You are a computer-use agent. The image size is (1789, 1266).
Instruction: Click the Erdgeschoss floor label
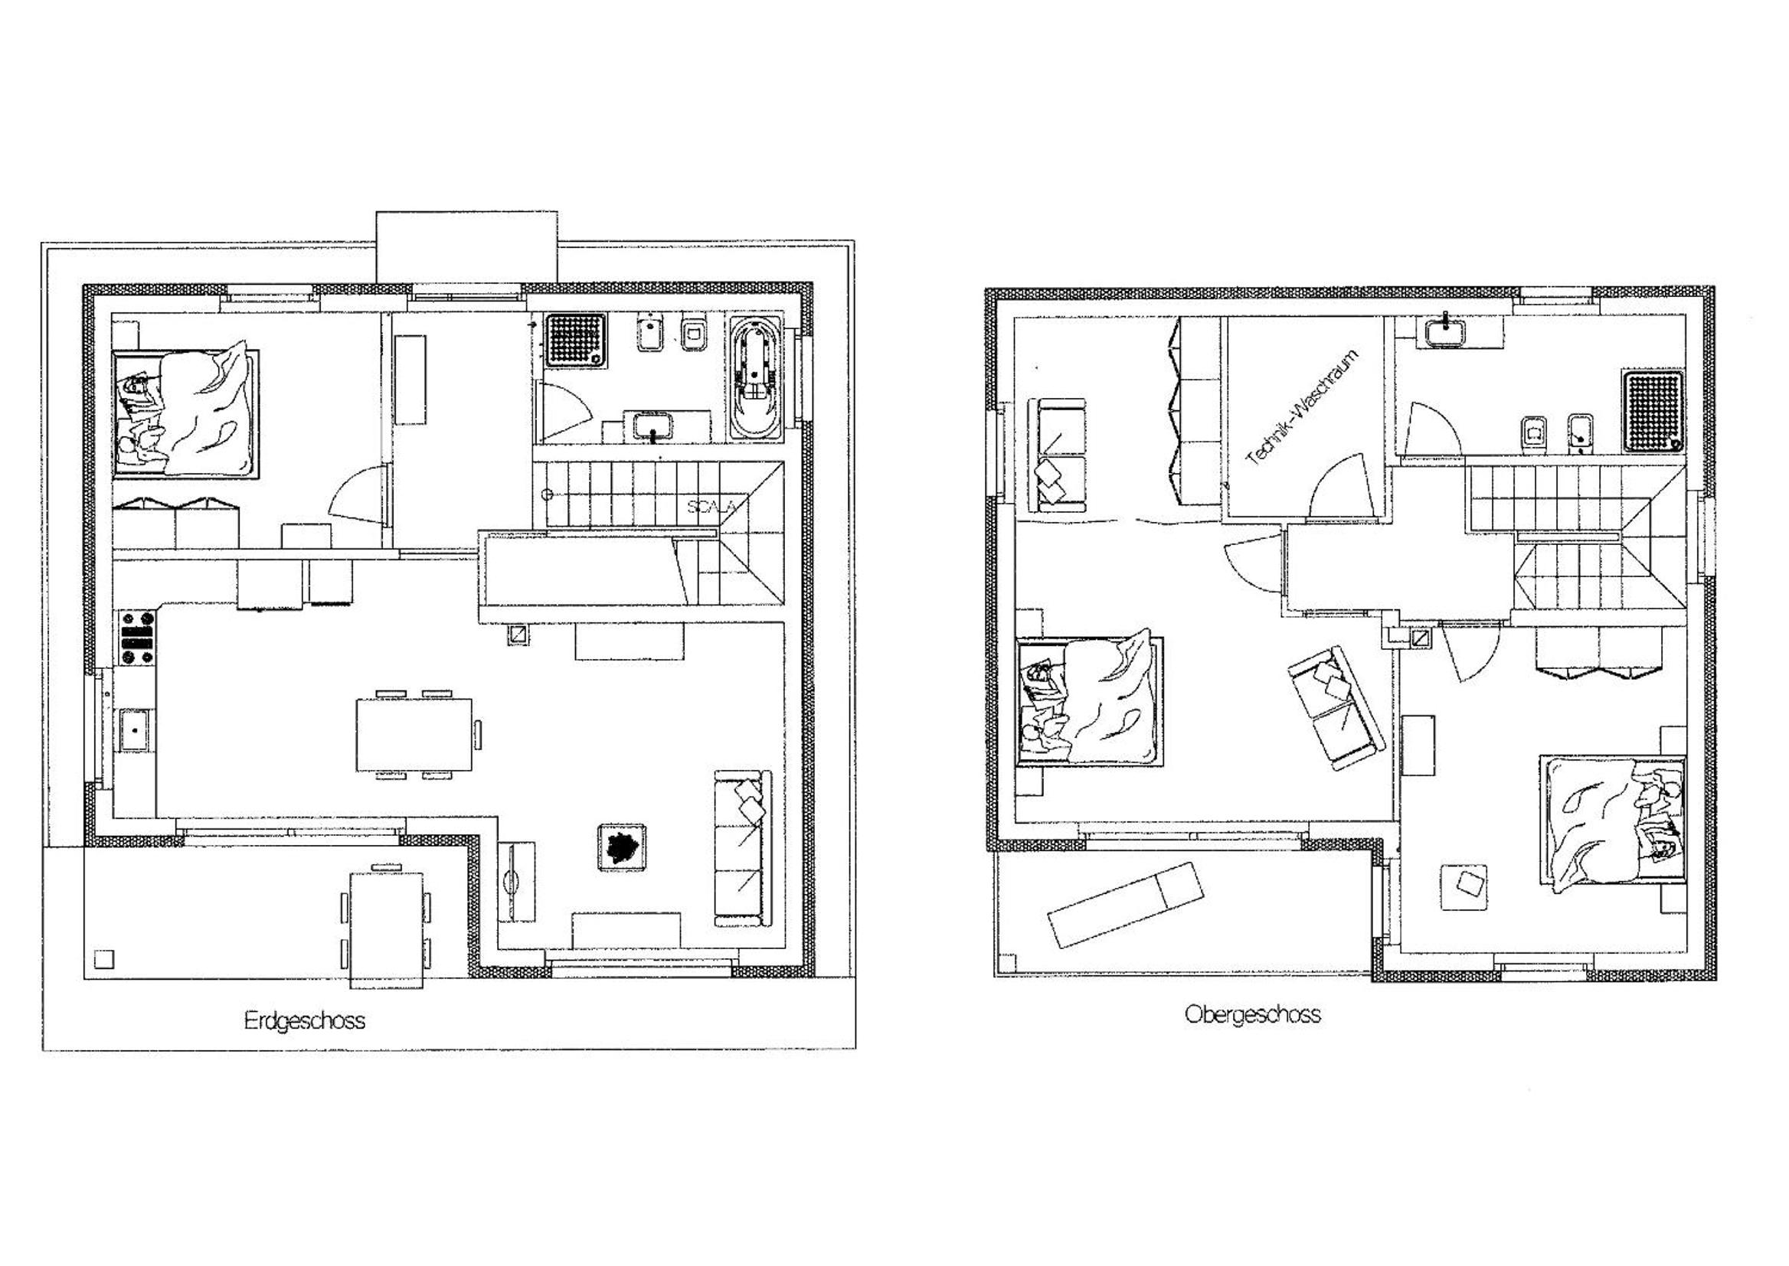(304, 1020)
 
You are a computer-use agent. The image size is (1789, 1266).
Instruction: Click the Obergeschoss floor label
(1252, 1014)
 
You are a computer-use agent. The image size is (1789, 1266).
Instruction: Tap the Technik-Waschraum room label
(1302, 408)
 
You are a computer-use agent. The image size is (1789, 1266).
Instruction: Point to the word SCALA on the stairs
(711, 506)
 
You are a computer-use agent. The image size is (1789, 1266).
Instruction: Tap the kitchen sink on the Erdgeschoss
(136, 729)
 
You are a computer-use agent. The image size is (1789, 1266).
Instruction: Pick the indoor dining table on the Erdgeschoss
(414, 735)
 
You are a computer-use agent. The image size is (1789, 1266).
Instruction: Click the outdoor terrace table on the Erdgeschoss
(387, 930)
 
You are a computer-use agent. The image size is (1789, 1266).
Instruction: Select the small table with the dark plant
(623, 847)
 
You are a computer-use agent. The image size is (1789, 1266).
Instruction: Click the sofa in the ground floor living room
(742, 848)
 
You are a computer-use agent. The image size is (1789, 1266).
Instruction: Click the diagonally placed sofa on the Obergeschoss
(1336, 707)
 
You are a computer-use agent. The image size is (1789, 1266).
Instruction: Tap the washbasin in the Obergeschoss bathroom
(1447, 331)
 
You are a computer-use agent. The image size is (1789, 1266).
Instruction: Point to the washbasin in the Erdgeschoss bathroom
(653, 427)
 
